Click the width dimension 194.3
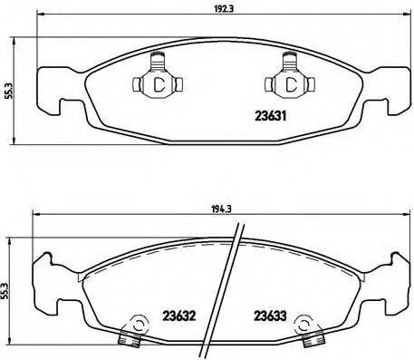click(x=214, y=207)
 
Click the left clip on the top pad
click(x=157, y=80)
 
